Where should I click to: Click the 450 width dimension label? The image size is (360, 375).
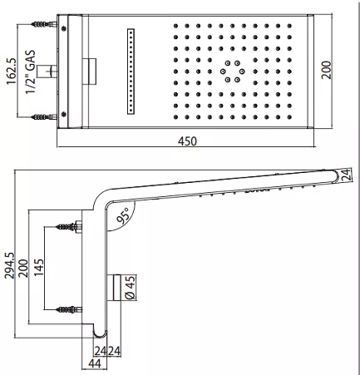[x=187, y=141]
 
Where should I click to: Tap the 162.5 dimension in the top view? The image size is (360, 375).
[x=12, y=72]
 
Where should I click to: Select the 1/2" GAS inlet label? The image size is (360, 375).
[x=31, y=72]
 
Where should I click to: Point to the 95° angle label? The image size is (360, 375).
[x=123, y=215]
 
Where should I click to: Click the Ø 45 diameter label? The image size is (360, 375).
[x=131, y=288]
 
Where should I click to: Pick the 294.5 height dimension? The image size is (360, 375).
[x=9, y=265]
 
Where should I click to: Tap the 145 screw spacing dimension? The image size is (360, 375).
[x=38, y=268]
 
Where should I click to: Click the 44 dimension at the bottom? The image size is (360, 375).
[x=94, y=363]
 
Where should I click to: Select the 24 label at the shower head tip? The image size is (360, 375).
[x=346, y=175]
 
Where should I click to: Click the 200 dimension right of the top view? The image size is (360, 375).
[x=327, y=71]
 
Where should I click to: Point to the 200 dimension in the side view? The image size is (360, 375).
[x=23, y=268]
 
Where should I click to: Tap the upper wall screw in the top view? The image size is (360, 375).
[x=44, y=24]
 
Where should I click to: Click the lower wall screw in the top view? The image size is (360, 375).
[x=44, y=117]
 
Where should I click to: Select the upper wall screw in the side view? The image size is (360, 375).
[x=69, y=227]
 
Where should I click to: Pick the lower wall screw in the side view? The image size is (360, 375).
[x=69, y=309]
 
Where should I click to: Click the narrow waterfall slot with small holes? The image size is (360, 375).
[x=131, y=72]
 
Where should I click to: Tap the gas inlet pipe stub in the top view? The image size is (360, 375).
[x=47, y=72]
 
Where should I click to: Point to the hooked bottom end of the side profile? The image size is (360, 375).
[x=100, y=334]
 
